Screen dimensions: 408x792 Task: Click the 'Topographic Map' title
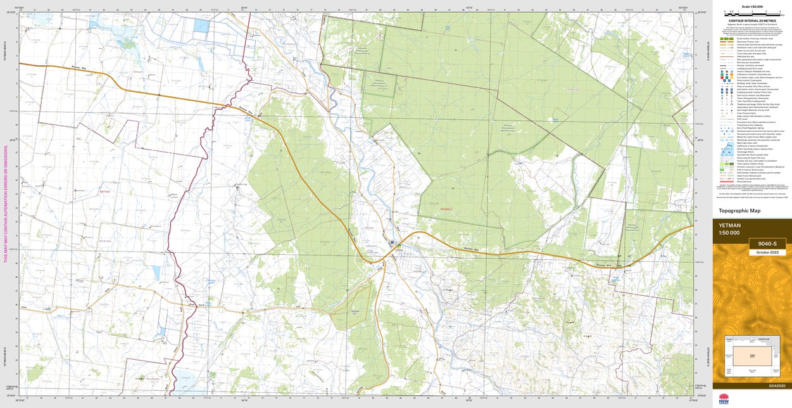click(739, 211)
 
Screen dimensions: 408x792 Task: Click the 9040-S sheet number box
click(767, 244)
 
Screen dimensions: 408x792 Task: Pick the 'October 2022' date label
click(767, 253)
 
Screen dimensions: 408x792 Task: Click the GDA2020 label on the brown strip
click(777, 386)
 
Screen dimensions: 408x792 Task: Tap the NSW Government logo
click(724, 399)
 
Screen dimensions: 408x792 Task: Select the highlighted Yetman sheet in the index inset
click(752, 357)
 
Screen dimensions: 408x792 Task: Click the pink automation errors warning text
click(6, 203)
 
